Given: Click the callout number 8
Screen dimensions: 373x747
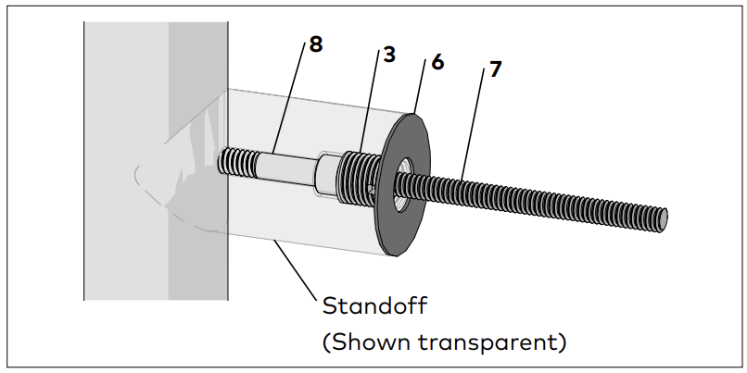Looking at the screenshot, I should (x=316, y=44).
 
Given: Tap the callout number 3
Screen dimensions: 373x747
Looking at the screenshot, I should (x=388, y=55).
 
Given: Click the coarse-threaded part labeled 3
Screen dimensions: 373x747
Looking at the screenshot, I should (x=357, y=178).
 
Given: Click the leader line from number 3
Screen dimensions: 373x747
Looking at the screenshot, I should (x=369, y=103).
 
